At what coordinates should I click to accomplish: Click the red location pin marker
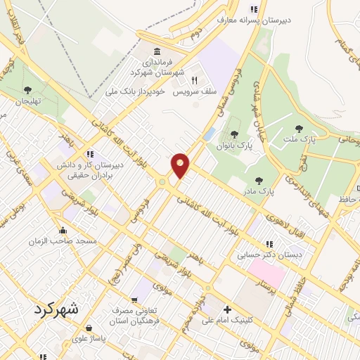point(181,166)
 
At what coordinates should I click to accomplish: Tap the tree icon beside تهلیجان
point(27,90)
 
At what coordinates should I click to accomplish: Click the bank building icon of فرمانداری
point(155,52)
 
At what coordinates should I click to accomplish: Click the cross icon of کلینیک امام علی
point(226,309)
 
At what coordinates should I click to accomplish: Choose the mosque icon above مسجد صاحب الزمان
point(63,229)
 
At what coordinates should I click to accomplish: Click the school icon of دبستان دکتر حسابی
point(269,244)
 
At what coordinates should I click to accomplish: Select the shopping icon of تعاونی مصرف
point(134,300)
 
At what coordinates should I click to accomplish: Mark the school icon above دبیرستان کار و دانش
point(89,154)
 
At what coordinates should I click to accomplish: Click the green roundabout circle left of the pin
point(162,182)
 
